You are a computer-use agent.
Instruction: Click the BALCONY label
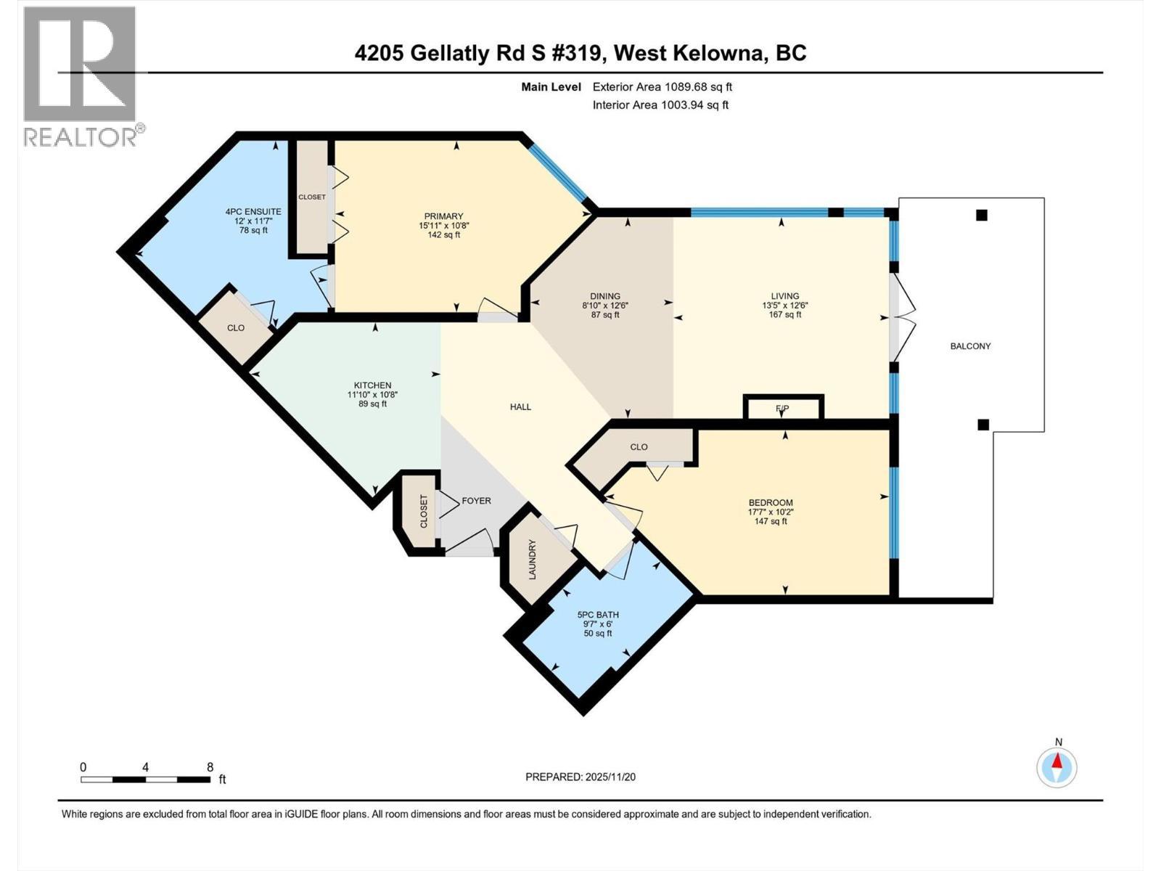(970, 346)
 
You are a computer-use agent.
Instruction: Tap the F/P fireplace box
(783, 408)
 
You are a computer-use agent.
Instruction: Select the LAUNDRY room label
(532, 559)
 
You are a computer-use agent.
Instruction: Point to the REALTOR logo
(80, 76)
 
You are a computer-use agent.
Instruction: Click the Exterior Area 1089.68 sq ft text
(662, 87)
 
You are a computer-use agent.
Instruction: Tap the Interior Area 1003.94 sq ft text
(660, 105)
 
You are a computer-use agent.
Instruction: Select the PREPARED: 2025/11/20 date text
(580, 777)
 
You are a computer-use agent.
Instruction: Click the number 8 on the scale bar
(210, 767)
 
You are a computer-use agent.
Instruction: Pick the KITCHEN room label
(372, 385)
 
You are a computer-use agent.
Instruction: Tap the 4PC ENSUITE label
(253, 212)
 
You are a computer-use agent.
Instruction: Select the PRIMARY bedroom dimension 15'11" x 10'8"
(443, 225)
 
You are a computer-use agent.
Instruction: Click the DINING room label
(604, 296)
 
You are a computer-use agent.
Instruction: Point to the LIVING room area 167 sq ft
(784, 314)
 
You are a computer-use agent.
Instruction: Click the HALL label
(520, 407)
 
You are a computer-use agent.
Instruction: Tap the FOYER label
(476, 501)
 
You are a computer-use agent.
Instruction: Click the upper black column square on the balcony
(981, 215)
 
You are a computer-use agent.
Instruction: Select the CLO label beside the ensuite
(236, 328)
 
